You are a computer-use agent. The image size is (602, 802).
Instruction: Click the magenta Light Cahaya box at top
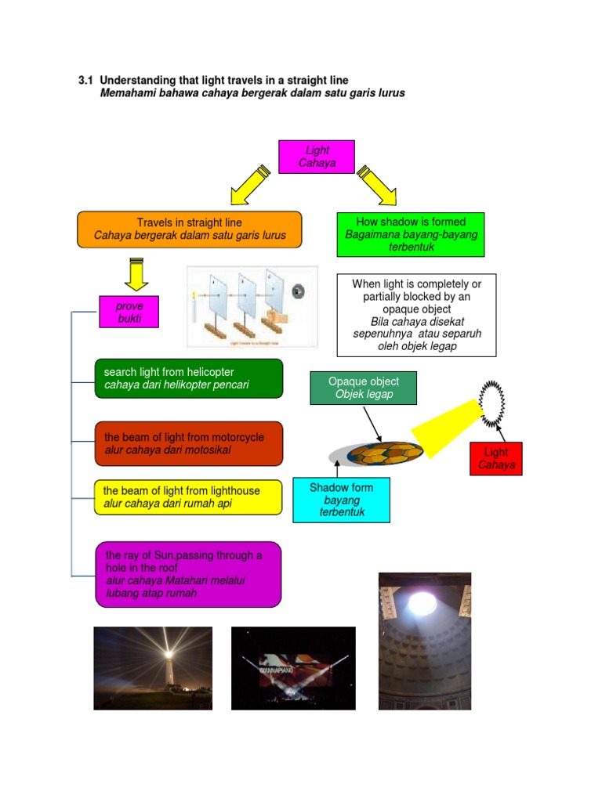[x=317, y=157]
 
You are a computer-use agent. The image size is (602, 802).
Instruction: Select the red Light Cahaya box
[x=496, y=459]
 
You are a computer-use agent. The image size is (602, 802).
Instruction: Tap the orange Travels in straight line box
[x=189, y=229]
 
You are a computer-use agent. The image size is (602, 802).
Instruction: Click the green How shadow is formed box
[x=410, y=234]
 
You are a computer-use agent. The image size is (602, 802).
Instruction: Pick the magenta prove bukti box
[x=129, y=312]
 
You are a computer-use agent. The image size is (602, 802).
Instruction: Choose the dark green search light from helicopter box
[x=188, y=378]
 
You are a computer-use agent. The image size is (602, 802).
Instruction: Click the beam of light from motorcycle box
[x=188, y=444]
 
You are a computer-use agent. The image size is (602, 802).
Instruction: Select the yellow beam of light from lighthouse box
[x=187, y=497]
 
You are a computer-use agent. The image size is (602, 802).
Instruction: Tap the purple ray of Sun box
[x=188, y=574]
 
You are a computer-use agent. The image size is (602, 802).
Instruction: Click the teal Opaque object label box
[x=363, y=388]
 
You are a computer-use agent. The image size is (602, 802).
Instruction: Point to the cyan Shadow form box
[x=341, y=500]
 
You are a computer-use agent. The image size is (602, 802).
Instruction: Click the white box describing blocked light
[x=416, y=315]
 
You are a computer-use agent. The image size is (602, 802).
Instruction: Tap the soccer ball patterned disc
[x=385, y=452]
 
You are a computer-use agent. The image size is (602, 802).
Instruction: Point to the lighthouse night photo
[x=152, y=668]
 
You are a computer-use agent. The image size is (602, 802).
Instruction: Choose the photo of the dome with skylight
[x=424, y=641]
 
